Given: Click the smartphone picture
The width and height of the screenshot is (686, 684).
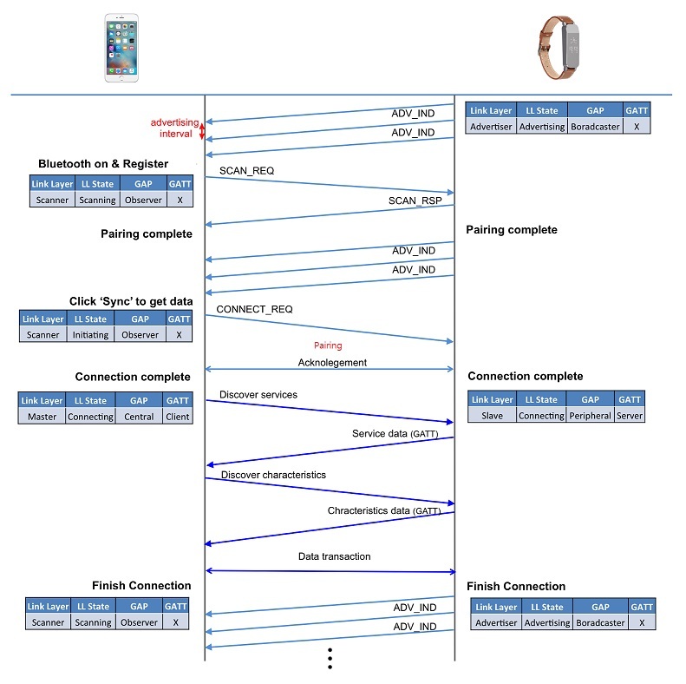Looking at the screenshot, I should [121, 48].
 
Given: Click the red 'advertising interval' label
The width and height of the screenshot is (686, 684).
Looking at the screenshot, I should [174, 128].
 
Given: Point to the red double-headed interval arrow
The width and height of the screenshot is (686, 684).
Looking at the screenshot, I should [202, 131].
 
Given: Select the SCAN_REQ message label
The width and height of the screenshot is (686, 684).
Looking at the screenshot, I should [246, 171].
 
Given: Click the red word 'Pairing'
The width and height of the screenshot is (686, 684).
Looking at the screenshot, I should [328, 345].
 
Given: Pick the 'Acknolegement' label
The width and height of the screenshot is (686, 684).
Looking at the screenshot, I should [332, 363].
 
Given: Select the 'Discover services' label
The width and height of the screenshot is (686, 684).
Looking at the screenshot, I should [258, 395].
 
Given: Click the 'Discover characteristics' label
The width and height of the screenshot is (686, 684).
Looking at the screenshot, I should [273, 475].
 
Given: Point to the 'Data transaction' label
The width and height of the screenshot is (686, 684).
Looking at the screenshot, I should [334, 556].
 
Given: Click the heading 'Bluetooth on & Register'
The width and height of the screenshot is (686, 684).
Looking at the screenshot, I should [103, 164].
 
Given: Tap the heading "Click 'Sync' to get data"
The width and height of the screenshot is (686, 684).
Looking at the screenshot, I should [131, 301].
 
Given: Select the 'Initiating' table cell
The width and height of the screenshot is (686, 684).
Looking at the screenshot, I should [91, 335].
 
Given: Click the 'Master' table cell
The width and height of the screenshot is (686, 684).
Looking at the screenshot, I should [42, 417].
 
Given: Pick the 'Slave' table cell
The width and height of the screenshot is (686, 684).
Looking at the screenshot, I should [491, 416].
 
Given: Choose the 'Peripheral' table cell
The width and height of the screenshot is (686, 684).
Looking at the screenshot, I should [590, 416].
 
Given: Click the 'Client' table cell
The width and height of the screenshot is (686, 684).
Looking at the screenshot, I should [178, 417].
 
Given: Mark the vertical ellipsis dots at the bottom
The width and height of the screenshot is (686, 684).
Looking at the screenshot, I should [330, 660].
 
